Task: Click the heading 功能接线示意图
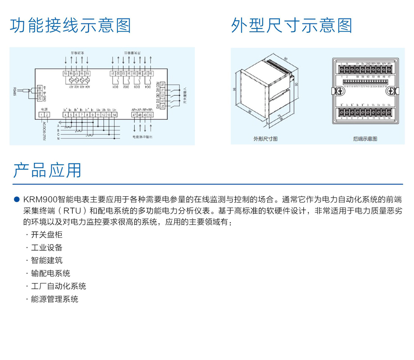pyautogui.click(x=71, y=26)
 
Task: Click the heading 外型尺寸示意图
pyautogui.click(x=292, y=26)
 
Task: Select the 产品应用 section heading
pyautogui.click(x=47, y=171)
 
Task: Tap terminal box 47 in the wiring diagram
pyautogui.click(x=134, y=115)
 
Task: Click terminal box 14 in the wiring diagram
pyautogui.click(x=115, y=115)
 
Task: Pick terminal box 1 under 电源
pyautogui.click(x=41, y=115)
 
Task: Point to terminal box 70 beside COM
pyautogui.click(x=162, y=84)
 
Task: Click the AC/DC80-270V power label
pyautogui.click(x=44, y=131)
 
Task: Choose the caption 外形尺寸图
pyautogui.click(x=265, y=139)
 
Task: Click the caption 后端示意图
pyautogui.click(x=365, y=139)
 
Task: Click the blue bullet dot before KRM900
pyautogui.click(x=17, y=199)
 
